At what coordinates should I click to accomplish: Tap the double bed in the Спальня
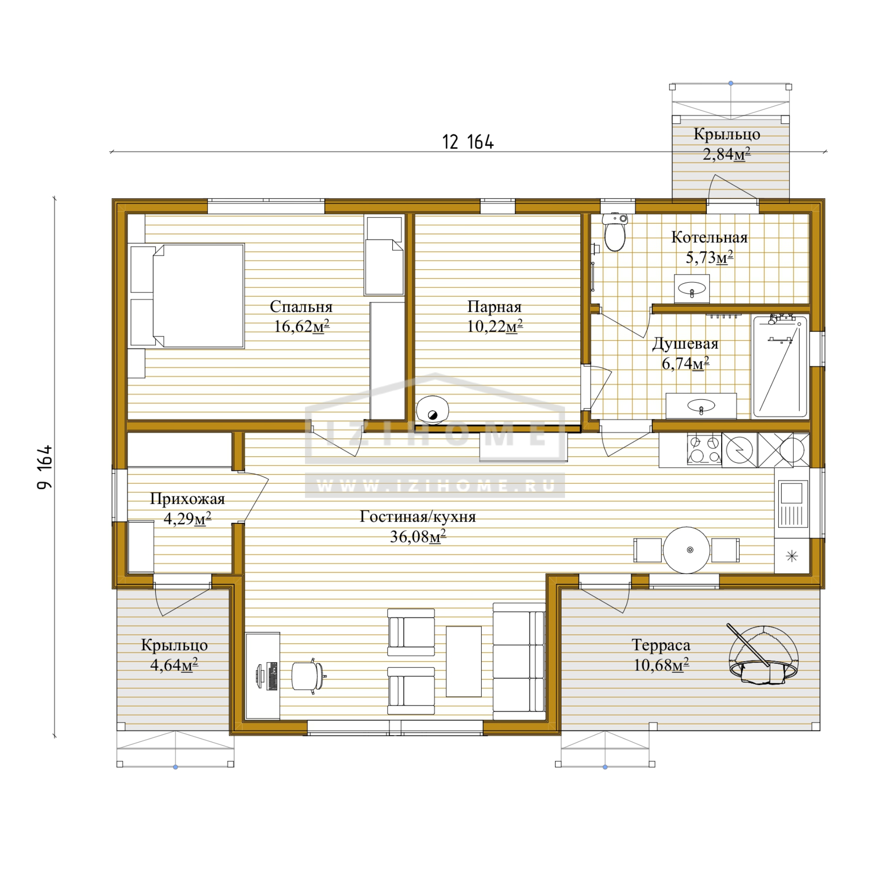pos(187,296)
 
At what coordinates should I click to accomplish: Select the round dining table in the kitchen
pos(686,550)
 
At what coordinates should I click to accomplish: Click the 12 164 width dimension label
pos(468,142)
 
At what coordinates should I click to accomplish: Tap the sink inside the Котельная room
pos(692,289)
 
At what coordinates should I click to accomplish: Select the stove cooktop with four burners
pos(704,449)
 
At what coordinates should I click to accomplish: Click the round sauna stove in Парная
pos(432,410)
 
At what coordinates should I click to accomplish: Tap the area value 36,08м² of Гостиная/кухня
pos(418,537)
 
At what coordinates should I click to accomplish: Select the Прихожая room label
pos(187,499)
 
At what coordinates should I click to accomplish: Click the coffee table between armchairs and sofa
pos(463,662)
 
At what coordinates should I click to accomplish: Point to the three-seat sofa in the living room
pos(519,661)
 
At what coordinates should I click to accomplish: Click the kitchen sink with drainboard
pos(792,504)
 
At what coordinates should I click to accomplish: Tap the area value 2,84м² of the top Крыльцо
pos(726,154)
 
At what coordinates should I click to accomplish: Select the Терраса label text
pos(661,645)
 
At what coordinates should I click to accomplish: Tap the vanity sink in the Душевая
pos(701,406)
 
